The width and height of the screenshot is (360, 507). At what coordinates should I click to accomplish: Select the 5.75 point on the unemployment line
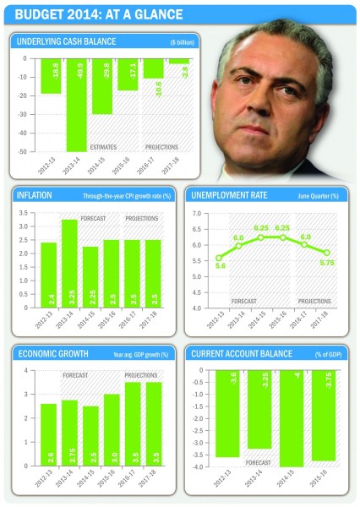(327, 253)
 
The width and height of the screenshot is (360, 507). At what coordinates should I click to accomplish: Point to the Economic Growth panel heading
(53, 352)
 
